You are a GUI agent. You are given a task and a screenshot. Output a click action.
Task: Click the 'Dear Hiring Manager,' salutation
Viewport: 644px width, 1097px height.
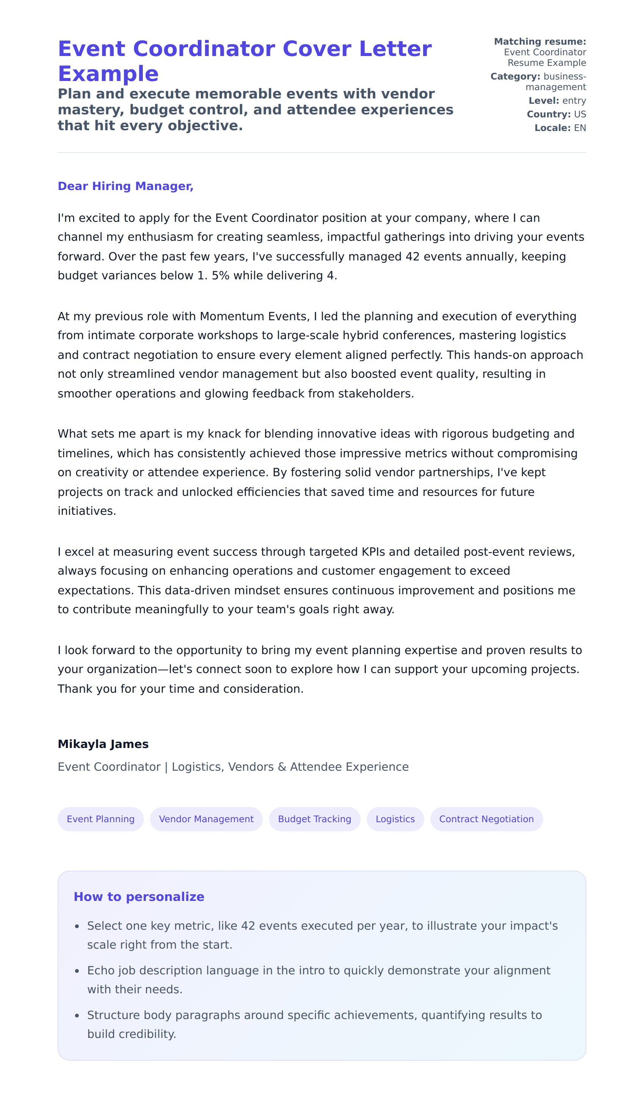click(125, 186)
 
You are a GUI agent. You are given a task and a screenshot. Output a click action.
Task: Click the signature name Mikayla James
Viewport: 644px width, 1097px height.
click(103, 744)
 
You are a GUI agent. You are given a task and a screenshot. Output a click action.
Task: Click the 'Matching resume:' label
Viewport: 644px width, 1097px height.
click(540, 41)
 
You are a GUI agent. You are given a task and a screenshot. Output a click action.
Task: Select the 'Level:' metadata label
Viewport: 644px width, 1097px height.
click(544, 101)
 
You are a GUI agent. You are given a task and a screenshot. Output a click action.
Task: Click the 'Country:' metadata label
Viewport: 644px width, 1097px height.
click(549, 114)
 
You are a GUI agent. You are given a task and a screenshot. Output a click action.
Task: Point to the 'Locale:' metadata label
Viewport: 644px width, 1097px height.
click(552, 128)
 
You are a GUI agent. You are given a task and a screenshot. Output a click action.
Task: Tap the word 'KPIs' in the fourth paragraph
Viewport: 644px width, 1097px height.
click(373, 552)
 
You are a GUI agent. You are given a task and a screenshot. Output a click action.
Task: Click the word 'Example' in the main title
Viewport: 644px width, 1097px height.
click(108, 73)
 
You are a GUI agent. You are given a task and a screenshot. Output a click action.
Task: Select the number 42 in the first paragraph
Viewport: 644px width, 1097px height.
click(412, 256)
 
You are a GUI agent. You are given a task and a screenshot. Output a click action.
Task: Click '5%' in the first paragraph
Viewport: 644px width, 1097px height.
click(220, 276)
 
